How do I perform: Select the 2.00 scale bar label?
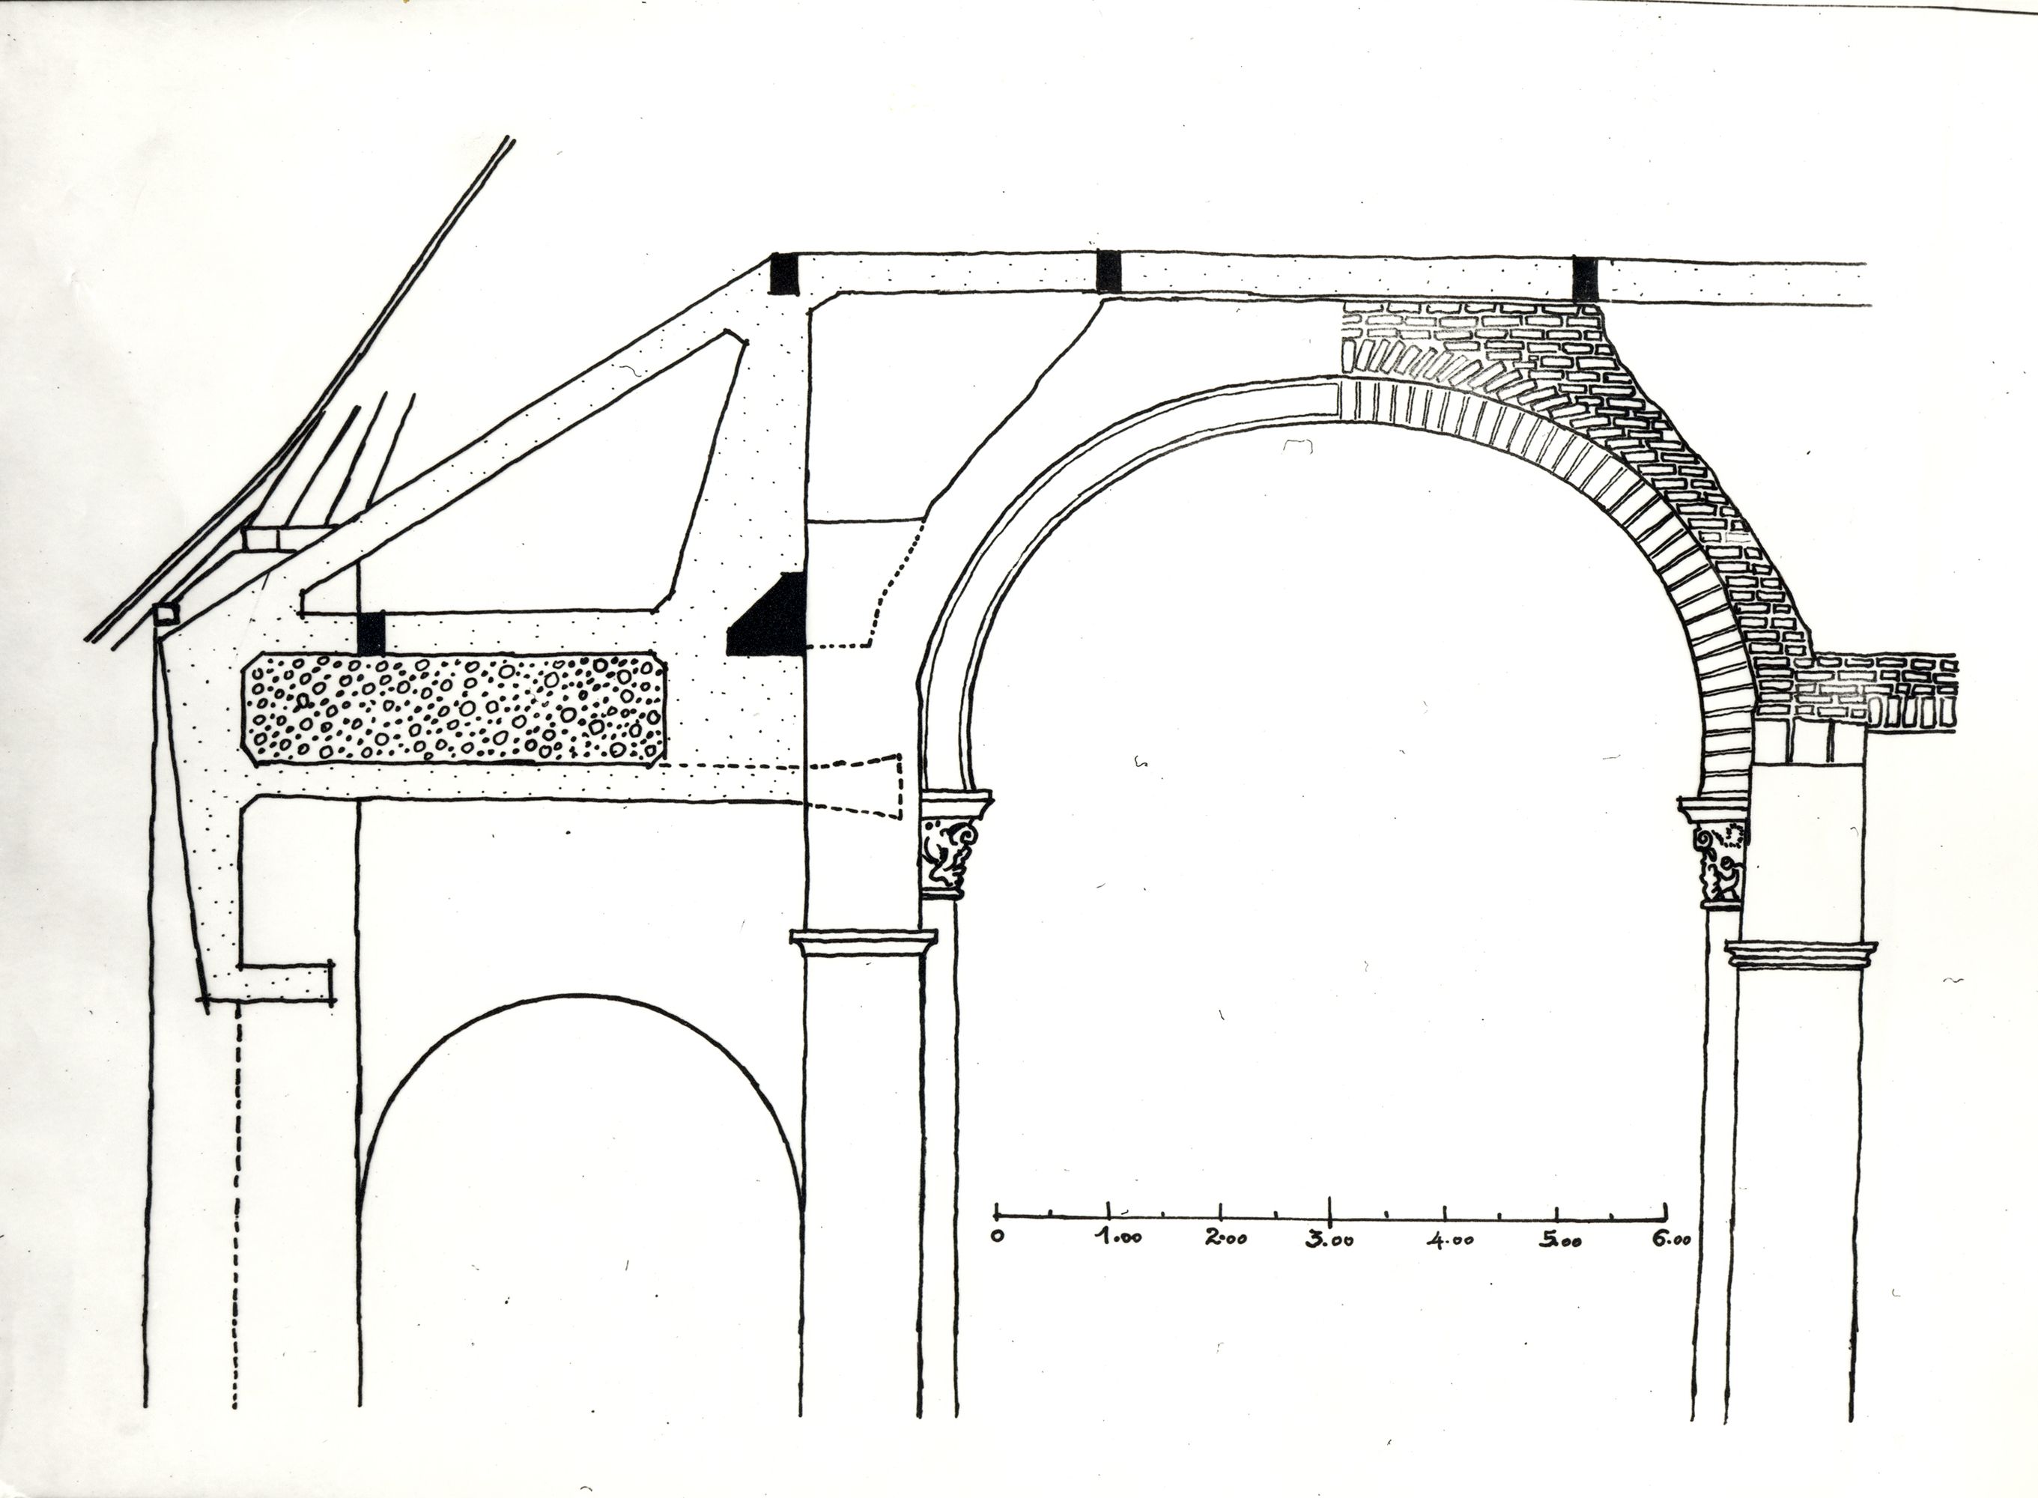(x=1225, y=1238)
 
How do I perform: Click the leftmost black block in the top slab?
(x=783, y=274)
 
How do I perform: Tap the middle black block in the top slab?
(x=1109, y=272)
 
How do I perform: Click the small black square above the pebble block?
(x=371, y=633)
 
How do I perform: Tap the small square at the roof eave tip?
(x=165, y=615)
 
